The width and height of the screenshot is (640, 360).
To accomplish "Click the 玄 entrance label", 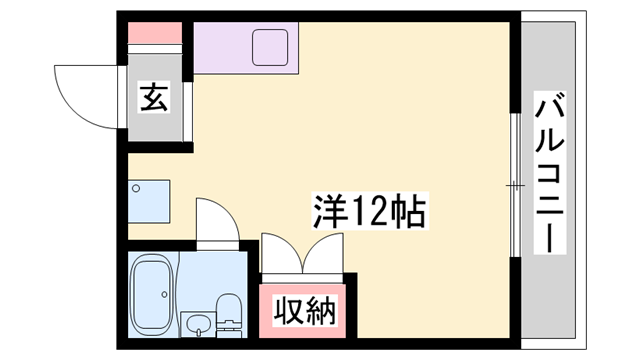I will click(x=153, y=100).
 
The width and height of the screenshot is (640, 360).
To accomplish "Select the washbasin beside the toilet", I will click(x=197, y=323).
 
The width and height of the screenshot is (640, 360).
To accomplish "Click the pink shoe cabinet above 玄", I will click(x=154, y=32).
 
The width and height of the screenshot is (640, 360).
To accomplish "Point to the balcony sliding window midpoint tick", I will click(x=515, y=184).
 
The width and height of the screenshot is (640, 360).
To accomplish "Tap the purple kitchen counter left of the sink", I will click(x=221, y=48).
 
